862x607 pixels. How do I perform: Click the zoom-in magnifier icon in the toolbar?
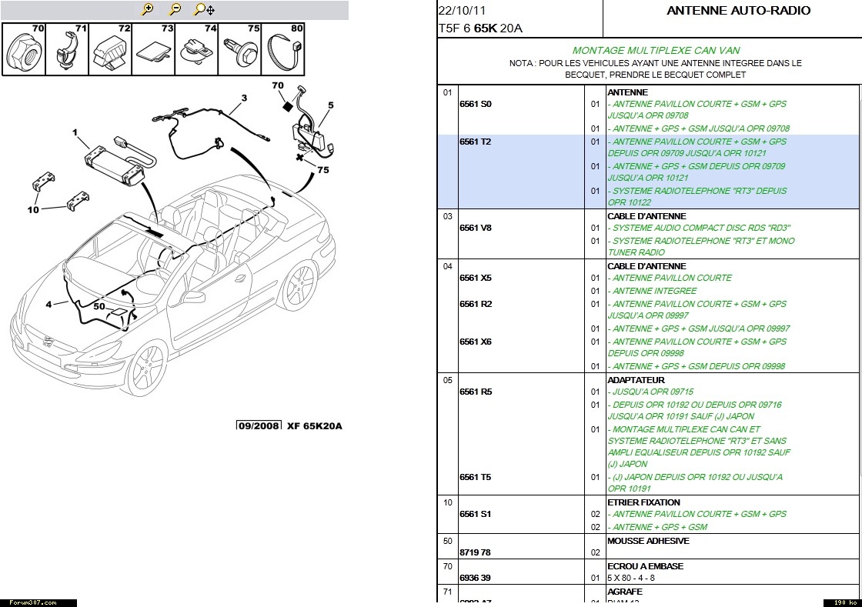tap(148, 9)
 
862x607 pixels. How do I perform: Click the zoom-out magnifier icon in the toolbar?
tap(175, 9)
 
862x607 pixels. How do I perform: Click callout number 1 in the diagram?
tap(75, 132)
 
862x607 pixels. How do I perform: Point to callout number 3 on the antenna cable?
tap(244, 98)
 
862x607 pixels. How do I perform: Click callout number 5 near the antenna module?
tap(330, 105)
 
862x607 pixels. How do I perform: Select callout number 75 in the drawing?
tap(323, 170)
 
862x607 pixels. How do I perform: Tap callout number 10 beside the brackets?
tap(33, 209)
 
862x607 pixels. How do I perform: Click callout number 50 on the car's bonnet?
tap(99, 306)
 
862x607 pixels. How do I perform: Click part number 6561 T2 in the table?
tap(475, 142)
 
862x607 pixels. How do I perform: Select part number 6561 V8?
tap(475, 228)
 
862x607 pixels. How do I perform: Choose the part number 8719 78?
tap(475, 552)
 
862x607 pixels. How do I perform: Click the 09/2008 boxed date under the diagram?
tap(258, 425)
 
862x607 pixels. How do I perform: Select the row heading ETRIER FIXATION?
tap(643, 502)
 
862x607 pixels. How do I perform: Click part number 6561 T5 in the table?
tap(475, 477)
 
